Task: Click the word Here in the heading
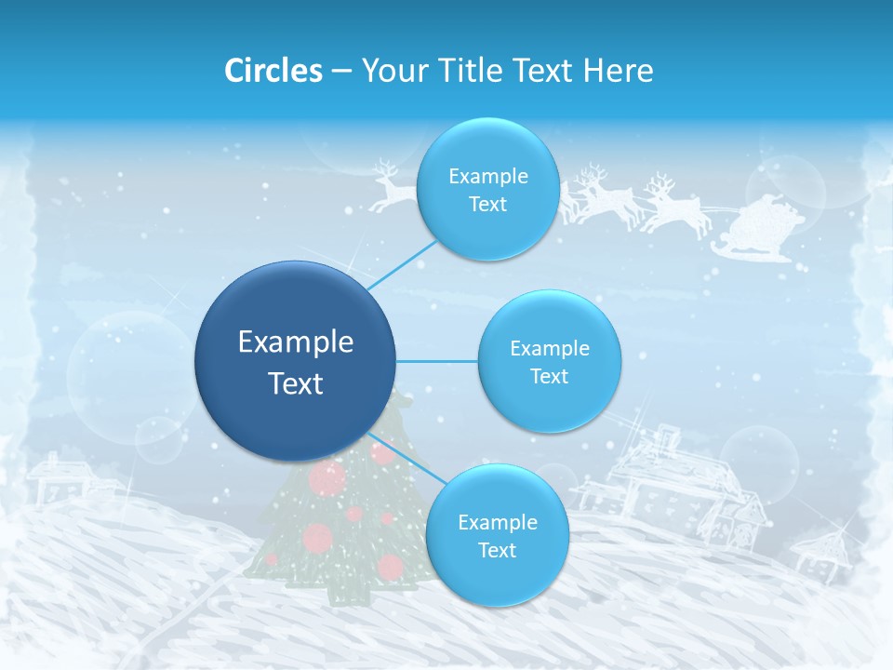point(618,71)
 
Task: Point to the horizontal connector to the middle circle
point(437,361)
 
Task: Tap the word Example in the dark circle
point(296,342)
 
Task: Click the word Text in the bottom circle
point(497,551)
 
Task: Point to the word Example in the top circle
point(487,177)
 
